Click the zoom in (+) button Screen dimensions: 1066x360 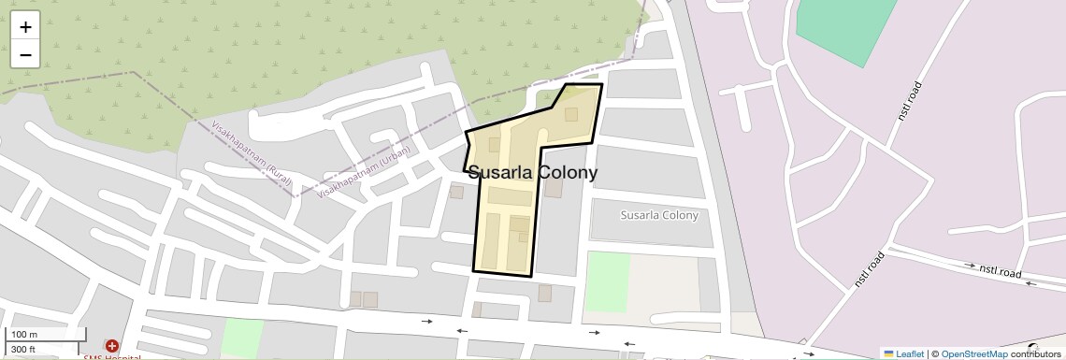pos(25,27)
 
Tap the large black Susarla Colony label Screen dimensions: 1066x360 pos(531,173)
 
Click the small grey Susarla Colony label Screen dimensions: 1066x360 pos(659,215)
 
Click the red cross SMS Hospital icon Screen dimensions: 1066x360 pos(111,347)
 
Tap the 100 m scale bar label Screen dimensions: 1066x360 pos(24,335)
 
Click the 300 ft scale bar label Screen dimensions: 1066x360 pos(23,350)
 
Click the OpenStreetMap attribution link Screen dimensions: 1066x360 pos(973,353)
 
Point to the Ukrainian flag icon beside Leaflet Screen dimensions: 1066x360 pos(889,353)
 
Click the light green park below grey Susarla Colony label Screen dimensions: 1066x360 pos(608,281)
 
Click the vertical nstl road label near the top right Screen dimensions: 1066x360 pos(910,100)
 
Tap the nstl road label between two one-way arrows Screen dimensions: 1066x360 pos(1001,271)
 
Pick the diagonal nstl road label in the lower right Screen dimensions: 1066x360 pos(869,268)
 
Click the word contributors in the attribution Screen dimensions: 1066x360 pos(1035,353)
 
